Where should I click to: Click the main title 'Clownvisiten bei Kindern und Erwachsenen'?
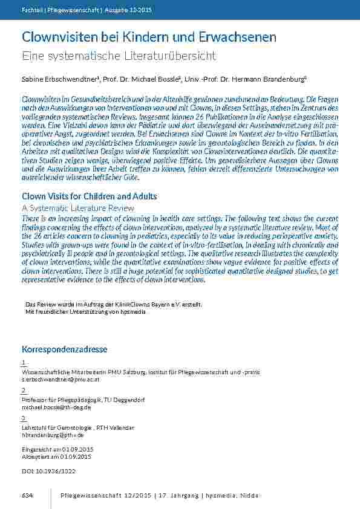[149, 37]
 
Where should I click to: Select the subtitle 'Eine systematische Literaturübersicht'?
[119, 56]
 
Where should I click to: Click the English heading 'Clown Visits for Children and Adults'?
[90, 196]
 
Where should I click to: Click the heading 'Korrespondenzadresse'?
[65, 349]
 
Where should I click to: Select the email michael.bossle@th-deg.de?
[56, 407]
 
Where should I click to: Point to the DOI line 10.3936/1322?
[48, 470]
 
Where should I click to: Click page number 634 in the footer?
[27, 496]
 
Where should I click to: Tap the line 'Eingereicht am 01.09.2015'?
[57, 450]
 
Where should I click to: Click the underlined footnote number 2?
[24, 391]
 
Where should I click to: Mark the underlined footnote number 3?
[24, 418]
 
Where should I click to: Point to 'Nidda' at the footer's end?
[248, 496]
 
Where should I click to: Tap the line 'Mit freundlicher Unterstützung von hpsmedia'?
[85, 311]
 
